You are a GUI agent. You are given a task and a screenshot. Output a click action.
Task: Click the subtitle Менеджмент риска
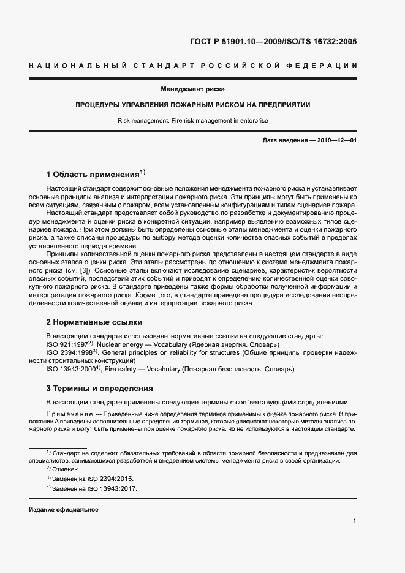coord(202,89)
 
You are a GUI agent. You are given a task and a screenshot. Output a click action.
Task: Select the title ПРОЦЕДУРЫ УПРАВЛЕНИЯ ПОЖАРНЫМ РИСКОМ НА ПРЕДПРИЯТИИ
coord(202,105)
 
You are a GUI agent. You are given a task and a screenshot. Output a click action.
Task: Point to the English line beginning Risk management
coord(202,120)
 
